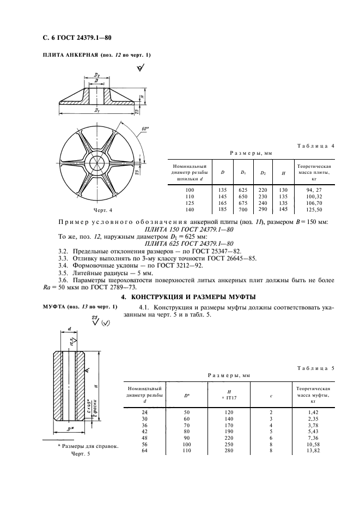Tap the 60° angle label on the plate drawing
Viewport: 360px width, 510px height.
click(x=145, y=129)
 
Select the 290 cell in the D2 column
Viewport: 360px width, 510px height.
click(x=263, y=209)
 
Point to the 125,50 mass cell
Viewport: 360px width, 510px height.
click(x=314, y=209)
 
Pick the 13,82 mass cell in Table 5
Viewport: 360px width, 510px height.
click(x=313, y=452)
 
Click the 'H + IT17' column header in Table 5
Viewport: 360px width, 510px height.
click(x=229, y=394)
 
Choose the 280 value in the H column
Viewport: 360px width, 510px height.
click(x=229, y=452)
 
